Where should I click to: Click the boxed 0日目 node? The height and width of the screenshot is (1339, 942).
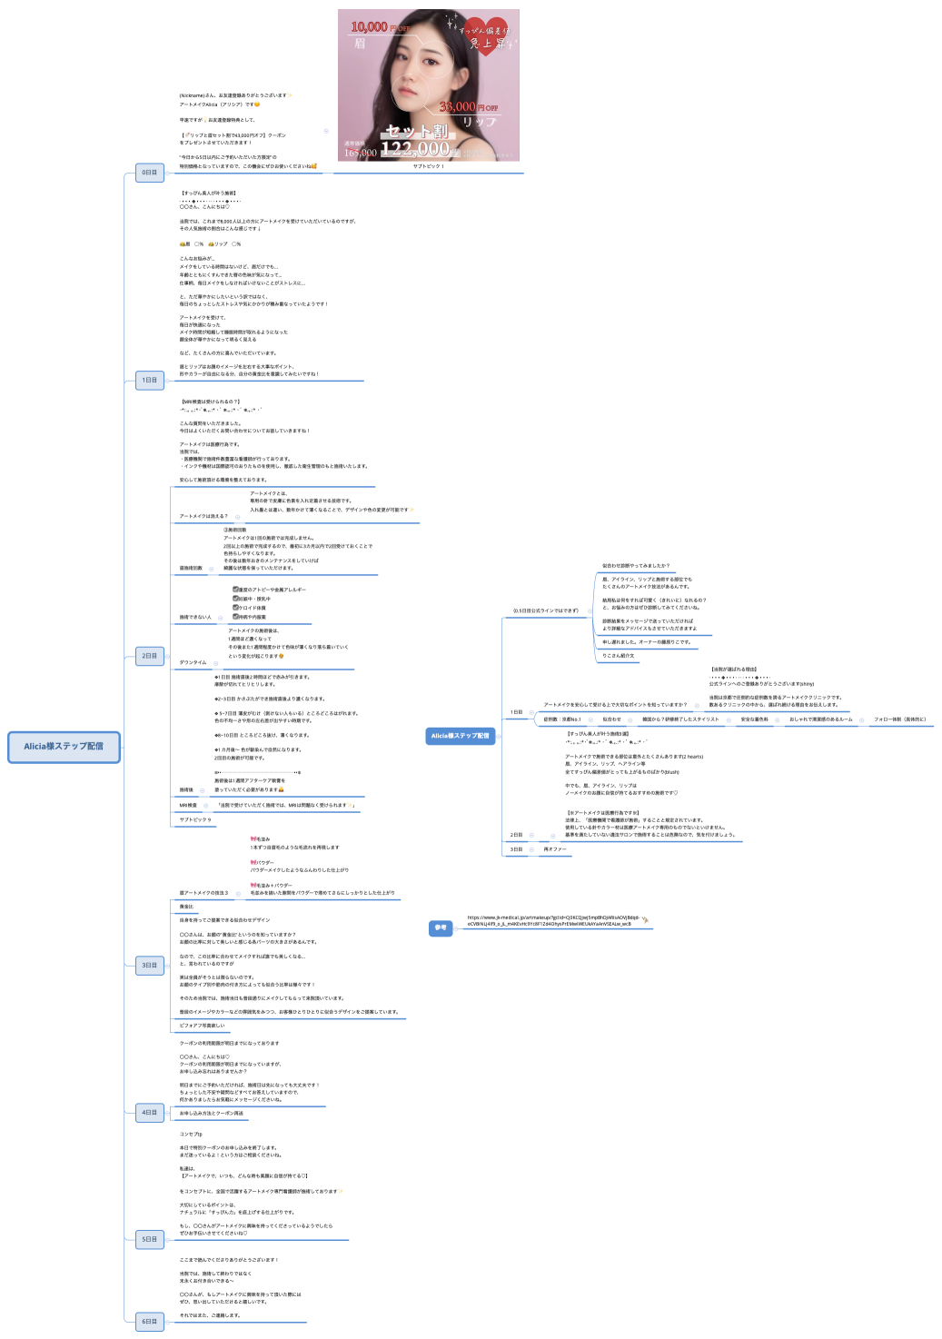pos(149,173)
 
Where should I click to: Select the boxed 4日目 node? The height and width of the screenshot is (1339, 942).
pos(149,1112)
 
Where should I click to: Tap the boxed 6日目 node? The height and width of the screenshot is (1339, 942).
pos(149,1321)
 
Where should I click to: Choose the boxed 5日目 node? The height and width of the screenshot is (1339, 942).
pos(149,1239)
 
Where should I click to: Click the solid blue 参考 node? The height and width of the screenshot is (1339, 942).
pos(441,927)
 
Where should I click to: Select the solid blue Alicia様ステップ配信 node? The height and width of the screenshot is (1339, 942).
pos(460,736)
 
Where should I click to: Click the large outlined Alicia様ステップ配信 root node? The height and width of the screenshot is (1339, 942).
pos(64,746)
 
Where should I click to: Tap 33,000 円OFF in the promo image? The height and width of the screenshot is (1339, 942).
pos(468,107)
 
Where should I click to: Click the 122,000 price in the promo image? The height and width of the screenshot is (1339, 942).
pos(415,148)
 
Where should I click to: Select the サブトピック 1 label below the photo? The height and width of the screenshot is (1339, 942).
pos(428,166)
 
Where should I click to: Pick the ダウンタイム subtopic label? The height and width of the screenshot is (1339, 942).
pos(193,662)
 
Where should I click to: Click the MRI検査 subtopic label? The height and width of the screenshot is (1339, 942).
pos(188,805)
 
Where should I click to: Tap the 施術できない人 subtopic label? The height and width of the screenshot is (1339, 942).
pos(195,617)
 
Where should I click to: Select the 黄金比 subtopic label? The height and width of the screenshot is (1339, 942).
pos(186,907)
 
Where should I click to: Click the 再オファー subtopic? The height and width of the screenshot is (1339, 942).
pos(554,849)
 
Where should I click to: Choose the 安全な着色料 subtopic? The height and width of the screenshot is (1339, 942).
pos(754,719)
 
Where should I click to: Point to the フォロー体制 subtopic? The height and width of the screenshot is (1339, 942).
pos(899,719)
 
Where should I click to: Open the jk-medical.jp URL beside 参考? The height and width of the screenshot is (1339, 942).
pos(554,920)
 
